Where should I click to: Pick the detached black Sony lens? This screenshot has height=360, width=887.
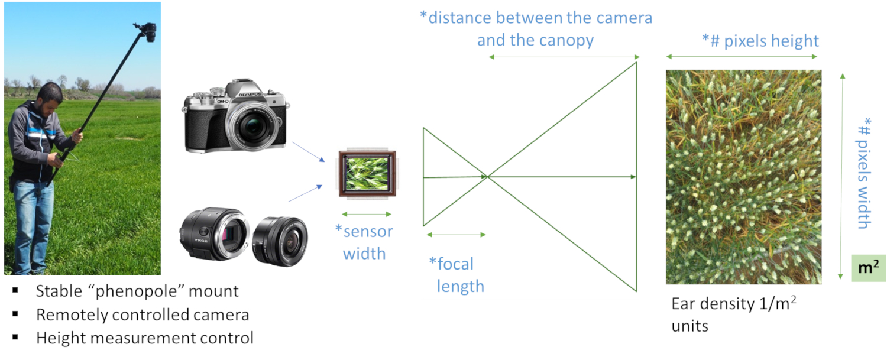tap(280, 240)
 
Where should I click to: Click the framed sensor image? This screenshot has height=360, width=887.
tap(367, 172)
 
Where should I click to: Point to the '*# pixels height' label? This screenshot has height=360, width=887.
tap(760, 41)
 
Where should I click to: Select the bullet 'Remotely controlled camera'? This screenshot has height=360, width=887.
tap(143, 314)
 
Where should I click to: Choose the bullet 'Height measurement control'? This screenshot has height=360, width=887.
tap(144, 338)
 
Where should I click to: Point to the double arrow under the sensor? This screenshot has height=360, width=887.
tap(367, 214)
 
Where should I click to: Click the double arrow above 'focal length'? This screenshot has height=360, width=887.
tap(455, 235)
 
